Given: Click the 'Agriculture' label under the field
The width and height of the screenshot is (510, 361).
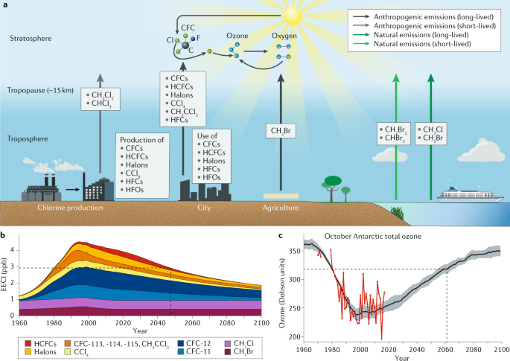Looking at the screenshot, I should (x=281, y=208).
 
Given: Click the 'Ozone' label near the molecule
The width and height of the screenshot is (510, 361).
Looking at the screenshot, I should (x=238, y=34).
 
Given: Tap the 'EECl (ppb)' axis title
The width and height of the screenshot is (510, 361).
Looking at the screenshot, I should (x=5, y=275).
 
